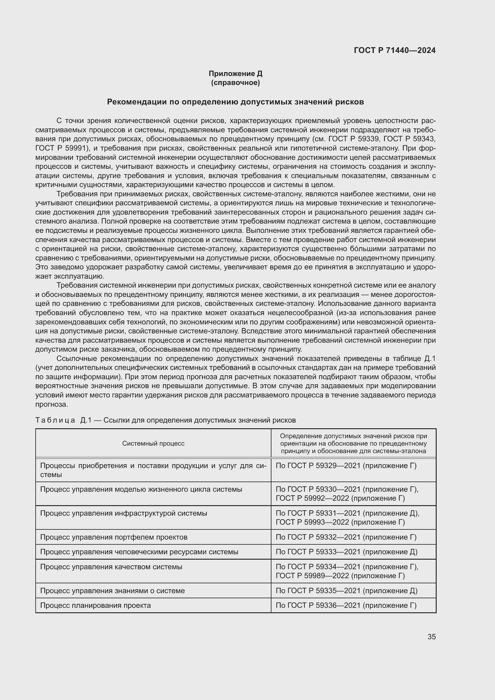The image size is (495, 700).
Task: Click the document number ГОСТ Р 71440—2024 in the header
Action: pyautogui.click(x=395, y=51)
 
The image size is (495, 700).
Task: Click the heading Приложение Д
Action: pyautogui.click(x=235, y=74)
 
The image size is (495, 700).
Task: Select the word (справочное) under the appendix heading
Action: pyautogui.click(x=235, y=83)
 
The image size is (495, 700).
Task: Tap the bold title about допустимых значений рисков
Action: pyautogui.click(x=235, y=102)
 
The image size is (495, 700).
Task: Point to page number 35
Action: pyautogui.click(x=431, y=637)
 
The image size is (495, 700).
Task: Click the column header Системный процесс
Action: pyautogui.click(x=153, y=443)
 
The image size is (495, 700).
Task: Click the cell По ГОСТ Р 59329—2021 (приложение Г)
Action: pyautogui.click(x=346, y=466)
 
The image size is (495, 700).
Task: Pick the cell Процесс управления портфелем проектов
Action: pyautogui.click(x=114, y=537)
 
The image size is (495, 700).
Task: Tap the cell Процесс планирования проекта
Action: pyautogui.click(x=95, y=605)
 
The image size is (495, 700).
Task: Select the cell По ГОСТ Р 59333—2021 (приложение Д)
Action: pyautogui.click(x=347, y=552)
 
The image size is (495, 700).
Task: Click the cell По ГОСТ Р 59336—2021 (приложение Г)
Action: pyautogui.click(x=346, y=605)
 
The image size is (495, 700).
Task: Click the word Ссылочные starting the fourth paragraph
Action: pyautogui.click(x=76, y=359)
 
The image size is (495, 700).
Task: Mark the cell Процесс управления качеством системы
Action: pyautogui.click(x=111, y=567)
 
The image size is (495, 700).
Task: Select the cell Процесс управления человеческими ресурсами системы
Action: pyautogui.click(x=139, y=552)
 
